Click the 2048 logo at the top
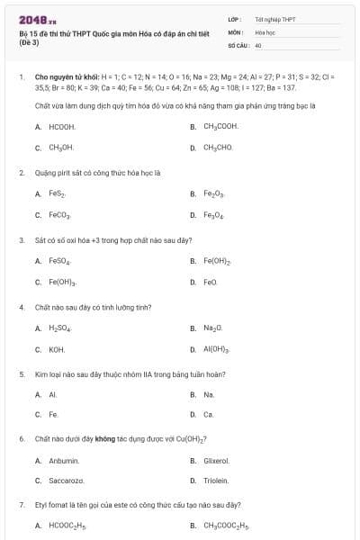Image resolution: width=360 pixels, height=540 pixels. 31,19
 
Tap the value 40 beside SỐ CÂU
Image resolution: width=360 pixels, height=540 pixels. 258,44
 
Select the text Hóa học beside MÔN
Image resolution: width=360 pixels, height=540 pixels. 265,31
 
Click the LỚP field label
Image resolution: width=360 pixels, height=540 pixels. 235,19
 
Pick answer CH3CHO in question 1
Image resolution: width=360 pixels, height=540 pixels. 218,147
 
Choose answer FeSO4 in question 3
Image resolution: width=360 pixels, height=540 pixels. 60,261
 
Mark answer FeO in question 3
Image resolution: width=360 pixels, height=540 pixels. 211,283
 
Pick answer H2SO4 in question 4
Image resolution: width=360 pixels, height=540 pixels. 59,328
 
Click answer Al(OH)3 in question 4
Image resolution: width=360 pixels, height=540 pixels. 217,349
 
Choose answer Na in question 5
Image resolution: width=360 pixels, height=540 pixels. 209,394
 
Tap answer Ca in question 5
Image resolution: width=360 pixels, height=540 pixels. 209,415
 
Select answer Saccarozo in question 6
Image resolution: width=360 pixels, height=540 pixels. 67,481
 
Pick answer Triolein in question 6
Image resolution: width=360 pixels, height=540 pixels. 216,481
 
